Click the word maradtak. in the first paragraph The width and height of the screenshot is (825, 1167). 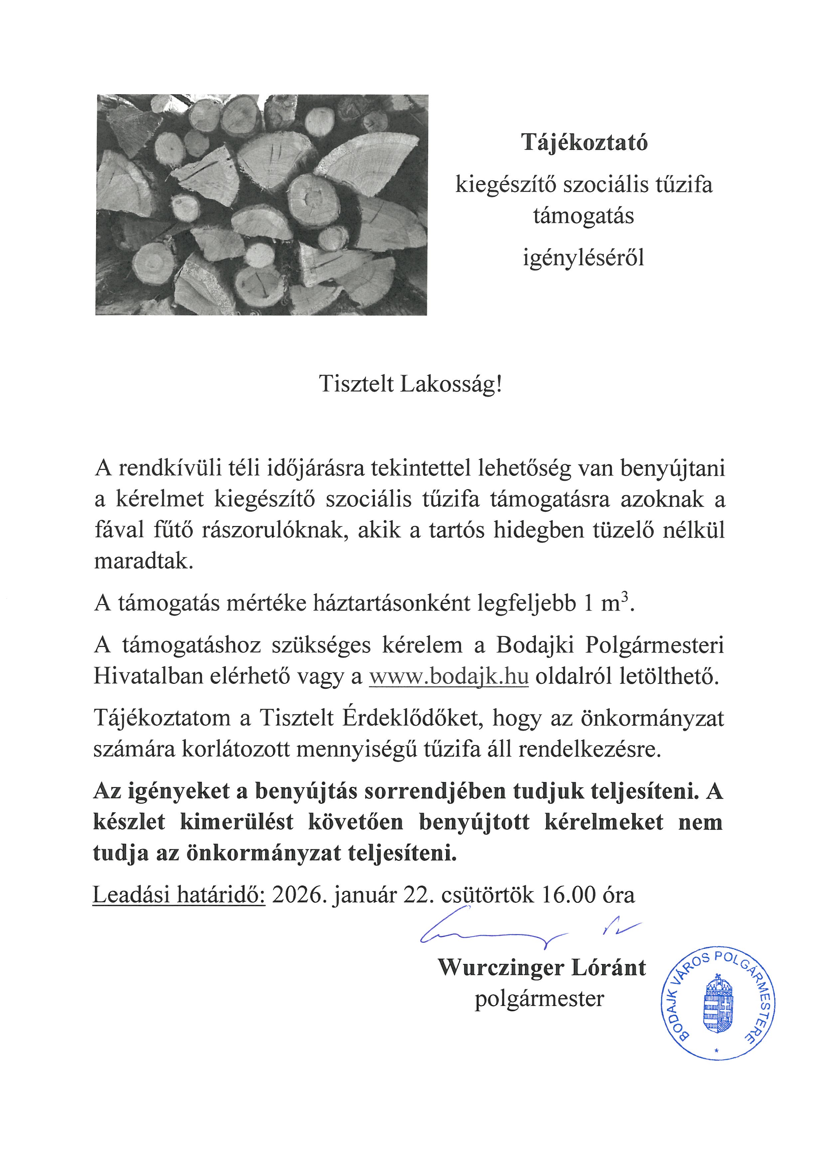[144, 562]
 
